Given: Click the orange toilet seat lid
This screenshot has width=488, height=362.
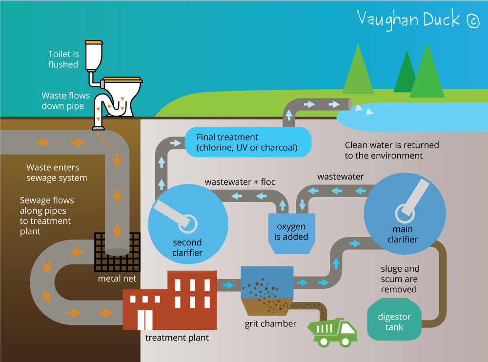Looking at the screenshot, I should [x=122, y=79].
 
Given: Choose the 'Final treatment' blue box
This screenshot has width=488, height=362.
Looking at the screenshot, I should [x=247, y=142].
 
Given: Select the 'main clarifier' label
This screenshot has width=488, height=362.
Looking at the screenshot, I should [x=403, y=235].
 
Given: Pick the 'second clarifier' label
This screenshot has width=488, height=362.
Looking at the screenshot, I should [x=187, y=248].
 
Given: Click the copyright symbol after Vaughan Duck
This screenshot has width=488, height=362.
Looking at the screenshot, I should [x=473, y=20].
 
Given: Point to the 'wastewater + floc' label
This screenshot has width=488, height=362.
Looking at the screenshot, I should [x=240, y=182].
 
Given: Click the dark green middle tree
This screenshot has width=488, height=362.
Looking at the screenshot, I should [x=405, y=73].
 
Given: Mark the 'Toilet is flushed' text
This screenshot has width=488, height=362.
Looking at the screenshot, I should [x=63, y=59].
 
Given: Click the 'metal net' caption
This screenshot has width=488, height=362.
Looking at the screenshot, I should [x=117, y=279].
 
